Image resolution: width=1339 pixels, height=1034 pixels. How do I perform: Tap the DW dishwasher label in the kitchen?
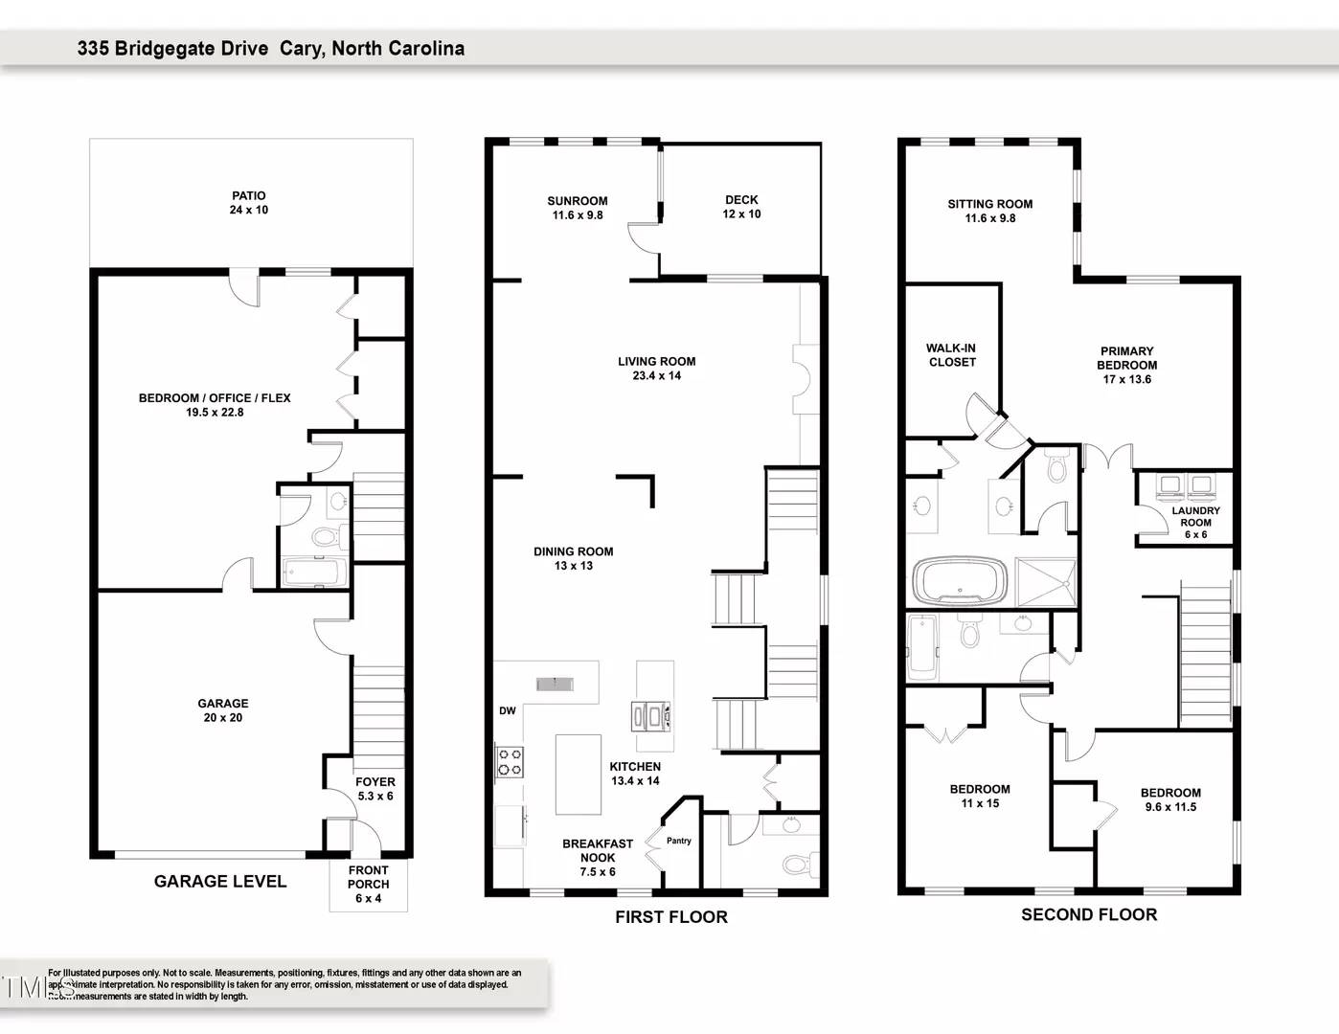coord(507,710)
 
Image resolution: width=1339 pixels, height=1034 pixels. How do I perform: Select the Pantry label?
coord(678,841)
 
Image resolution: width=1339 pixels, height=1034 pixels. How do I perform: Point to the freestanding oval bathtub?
coord(960,581)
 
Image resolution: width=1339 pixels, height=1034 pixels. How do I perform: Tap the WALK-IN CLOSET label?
coord(951,355)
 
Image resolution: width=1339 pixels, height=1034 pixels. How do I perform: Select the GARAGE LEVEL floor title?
coord(220,881)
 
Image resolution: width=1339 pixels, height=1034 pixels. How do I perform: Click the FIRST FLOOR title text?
coord(671,917)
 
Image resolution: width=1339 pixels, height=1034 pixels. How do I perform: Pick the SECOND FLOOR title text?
coord(1089,914)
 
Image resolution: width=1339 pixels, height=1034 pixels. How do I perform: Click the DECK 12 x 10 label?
coord(741,207)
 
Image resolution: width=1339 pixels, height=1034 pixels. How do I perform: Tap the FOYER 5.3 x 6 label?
coord(375,789)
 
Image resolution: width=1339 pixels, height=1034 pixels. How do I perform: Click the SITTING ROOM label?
coord(989,211)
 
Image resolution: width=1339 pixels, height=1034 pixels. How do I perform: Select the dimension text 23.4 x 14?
coord(657,375)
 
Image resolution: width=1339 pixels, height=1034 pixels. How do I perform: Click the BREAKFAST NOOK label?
coord(597,850)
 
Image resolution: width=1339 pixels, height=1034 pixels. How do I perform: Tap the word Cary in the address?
coord(302,49)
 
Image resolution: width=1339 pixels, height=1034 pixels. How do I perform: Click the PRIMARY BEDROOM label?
coord(1126,358)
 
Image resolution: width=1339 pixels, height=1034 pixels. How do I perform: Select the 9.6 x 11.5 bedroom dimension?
coord(1170,807)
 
